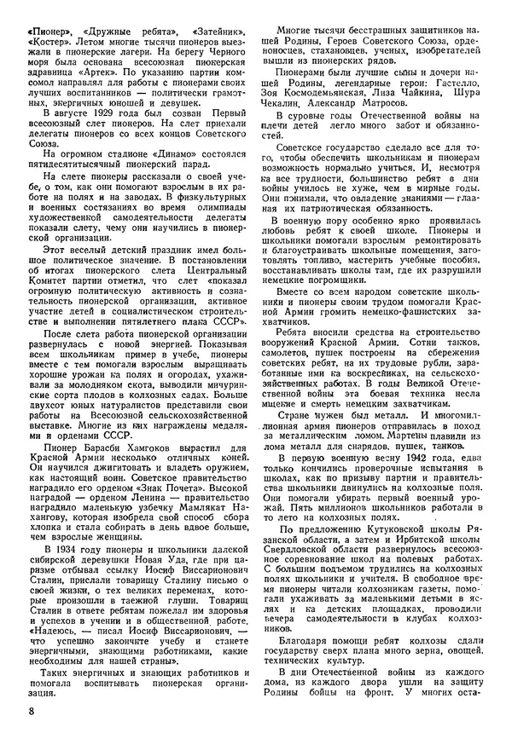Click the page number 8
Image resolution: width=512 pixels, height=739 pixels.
pyautogui.click(x=31, y=710)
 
